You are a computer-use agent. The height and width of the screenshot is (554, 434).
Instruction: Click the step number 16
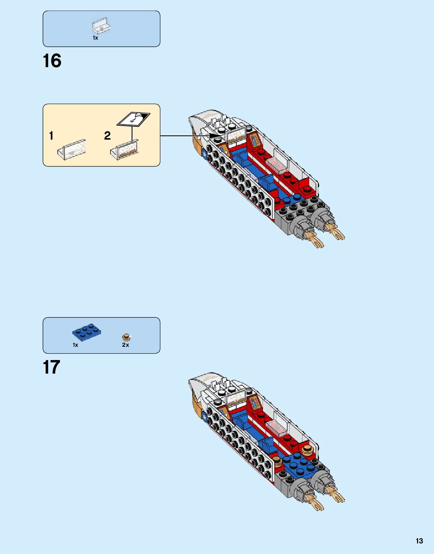point(52,61)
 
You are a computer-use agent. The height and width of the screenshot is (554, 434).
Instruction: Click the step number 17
point(51,368)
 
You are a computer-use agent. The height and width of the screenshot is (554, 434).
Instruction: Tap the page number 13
point(419,541)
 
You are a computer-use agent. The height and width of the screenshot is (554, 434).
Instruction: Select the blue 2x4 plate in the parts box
point(86,332)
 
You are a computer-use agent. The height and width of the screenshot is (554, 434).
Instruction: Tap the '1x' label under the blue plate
point(75,345)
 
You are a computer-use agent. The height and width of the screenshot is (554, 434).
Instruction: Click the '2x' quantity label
point(126,345)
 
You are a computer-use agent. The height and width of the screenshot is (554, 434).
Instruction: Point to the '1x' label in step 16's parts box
point(95,38)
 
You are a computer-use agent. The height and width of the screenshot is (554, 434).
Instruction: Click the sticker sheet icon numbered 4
point(133,119)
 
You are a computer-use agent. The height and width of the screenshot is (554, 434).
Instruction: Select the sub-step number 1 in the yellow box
point(51,135)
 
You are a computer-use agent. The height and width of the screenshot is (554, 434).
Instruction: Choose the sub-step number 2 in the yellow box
point(107,135)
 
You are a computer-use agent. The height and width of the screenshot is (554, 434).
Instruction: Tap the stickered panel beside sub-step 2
point(125,150)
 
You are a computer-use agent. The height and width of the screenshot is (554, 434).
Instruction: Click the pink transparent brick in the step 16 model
point(277,166)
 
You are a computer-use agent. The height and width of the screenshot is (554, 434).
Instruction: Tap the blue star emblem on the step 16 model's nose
point(204,155)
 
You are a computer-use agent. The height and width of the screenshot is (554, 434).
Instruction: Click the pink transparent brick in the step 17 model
point(277,428)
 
